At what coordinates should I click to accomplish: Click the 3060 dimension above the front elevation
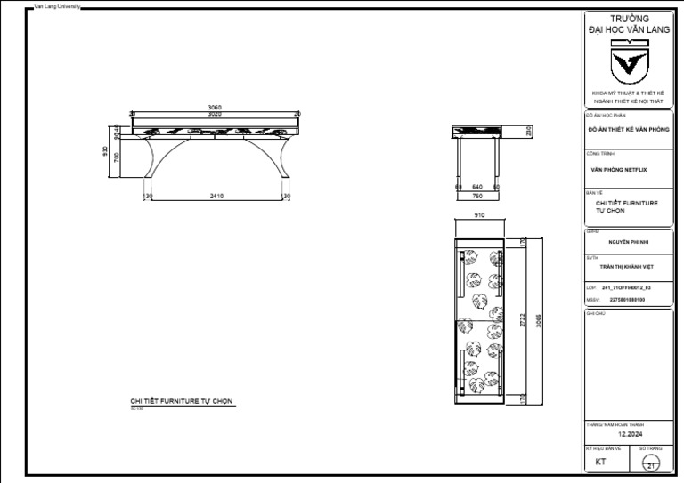click(215, 108)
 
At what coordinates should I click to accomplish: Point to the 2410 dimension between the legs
click(216, 196)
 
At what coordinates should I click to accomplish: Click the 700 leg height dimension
click(115, 157)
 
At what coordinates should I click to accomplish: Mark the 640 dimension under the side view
click(477, 187)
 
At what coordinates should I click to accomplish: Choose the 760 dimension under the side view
click(477, 196)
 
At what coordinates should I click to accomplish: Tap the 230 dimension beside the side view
click(529, 132)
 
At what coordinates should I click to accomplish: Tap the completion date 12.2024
click(629, 434)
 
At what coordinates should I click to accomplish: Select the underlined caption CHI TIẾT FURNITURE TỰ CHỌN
click(182, 402)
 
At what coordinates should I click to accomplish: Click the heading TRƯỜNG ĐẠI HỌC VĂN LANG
click(629, 24)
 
